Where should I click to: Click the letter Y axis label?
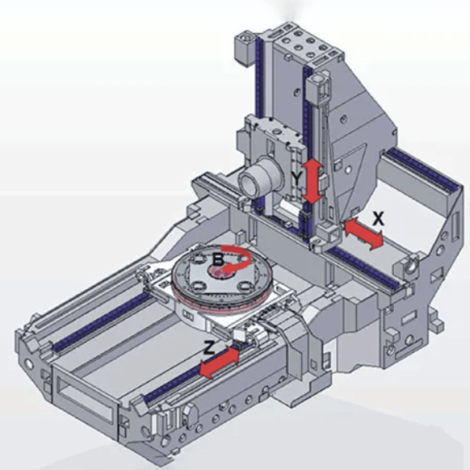pos(296,179)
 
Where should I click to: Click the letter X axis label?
pos(378,218)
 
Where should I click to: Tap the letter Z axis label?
pos(209,348)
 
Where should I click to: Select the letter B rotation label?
pos(217,259)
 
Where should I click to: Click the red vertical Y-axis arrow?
pos(313,182)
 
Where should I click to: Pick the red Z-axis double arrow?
pos(220,362)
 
